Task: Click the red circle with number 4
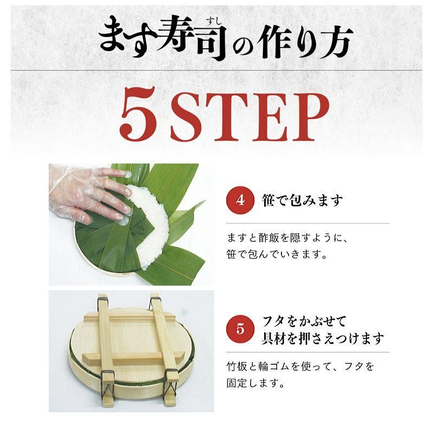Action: (x=240, y=200)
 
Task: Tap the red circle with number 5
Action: (x=240, y=329)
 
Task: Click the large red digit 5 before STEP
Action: (x=138, y=115)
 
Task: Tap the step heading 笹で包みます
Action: (x=303, y=200)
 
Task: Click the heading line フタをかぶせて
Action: (x=304, y=322)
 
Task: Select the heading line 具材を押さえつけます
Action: (x=323, y=338)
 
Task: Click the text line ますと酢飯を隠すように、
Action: (x=287, y=238)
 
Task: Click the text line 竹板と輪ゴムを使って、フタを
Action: (x=300, y=367)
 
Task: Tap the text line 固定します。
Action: (x=255, y=383)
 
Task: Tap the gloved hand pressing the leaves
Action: (x=88, y=193)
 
